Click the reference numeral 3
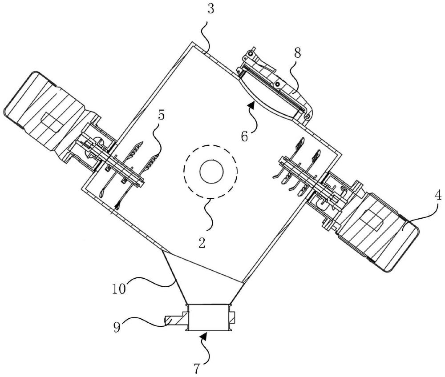point(210,9)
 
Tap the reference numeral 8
point(297,54)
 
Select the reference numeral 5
point(161,116)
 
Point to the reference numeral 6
point(245,136)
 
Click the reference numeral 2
point(202,243)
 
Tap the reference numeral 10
point(119,289)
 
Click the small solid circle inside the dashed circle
point(212,172)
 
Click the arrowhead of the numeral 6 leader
point(251,105)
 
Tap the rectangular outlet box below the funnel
point(208,317)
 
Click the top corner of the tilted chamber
point(192,42)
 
